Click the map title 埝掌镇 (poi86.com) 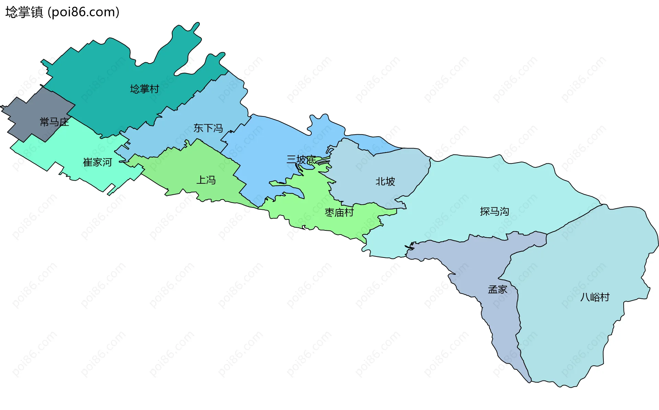pyautogui.click(x=62, y=12)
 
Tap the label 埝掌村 pyautogui.click(x=144, y=89)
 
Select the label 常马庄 pyautogui.click(x=54, y=122)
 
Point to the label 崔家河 pyautogui.click(x=97, y=162)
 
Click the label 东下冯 pyautogui.click(x=208, y=128)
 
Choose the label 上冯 pyautogui.click(x=206, y=180)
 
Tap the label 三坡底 pyautogui.click(x=301, y=160)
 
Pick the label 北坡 pyautogui.click(x=385, y=181)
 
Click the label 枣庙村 pyautogui.click(x=339, y=213)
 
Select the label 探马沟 pyautogui.click(x=494, y=212)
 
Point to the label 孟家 pyautogui.click(x=497, y=290)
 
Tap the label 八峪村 pyautogui.click(x=595, y=297)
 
